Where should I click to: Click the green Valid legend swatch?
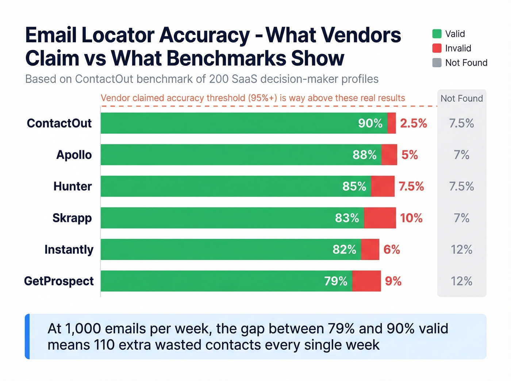point(437,34)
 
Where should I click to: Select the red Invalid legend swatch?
point(437,48)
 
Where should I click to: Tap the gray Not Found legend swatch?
point(437,63)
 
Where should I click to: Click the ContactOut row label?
point(59,123)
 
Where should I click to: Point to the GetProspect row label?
point(59,281)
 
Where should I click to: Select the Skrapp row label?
point(72,218)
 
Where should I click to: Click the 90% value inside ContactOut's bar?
point(370,123)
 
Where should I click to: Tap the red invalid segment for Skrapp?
point(380,218)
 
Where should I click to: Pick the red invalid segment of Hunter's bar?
point(383,186)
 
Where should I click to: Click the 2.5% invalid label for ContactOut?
point(413,123)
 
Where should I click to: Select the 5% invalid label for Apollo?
point(410,155)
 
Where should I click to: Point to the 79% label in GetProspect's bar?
point(335,281)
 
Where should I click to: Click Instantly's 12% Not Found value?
point(461,250)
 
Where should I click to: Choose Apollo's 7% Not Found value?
point(461,155)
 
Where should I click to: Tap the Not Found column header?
point(461,98)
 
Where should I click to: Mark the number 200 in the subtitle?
point(219,79)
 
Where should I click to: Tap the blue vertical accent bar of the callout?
point(27,337)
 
